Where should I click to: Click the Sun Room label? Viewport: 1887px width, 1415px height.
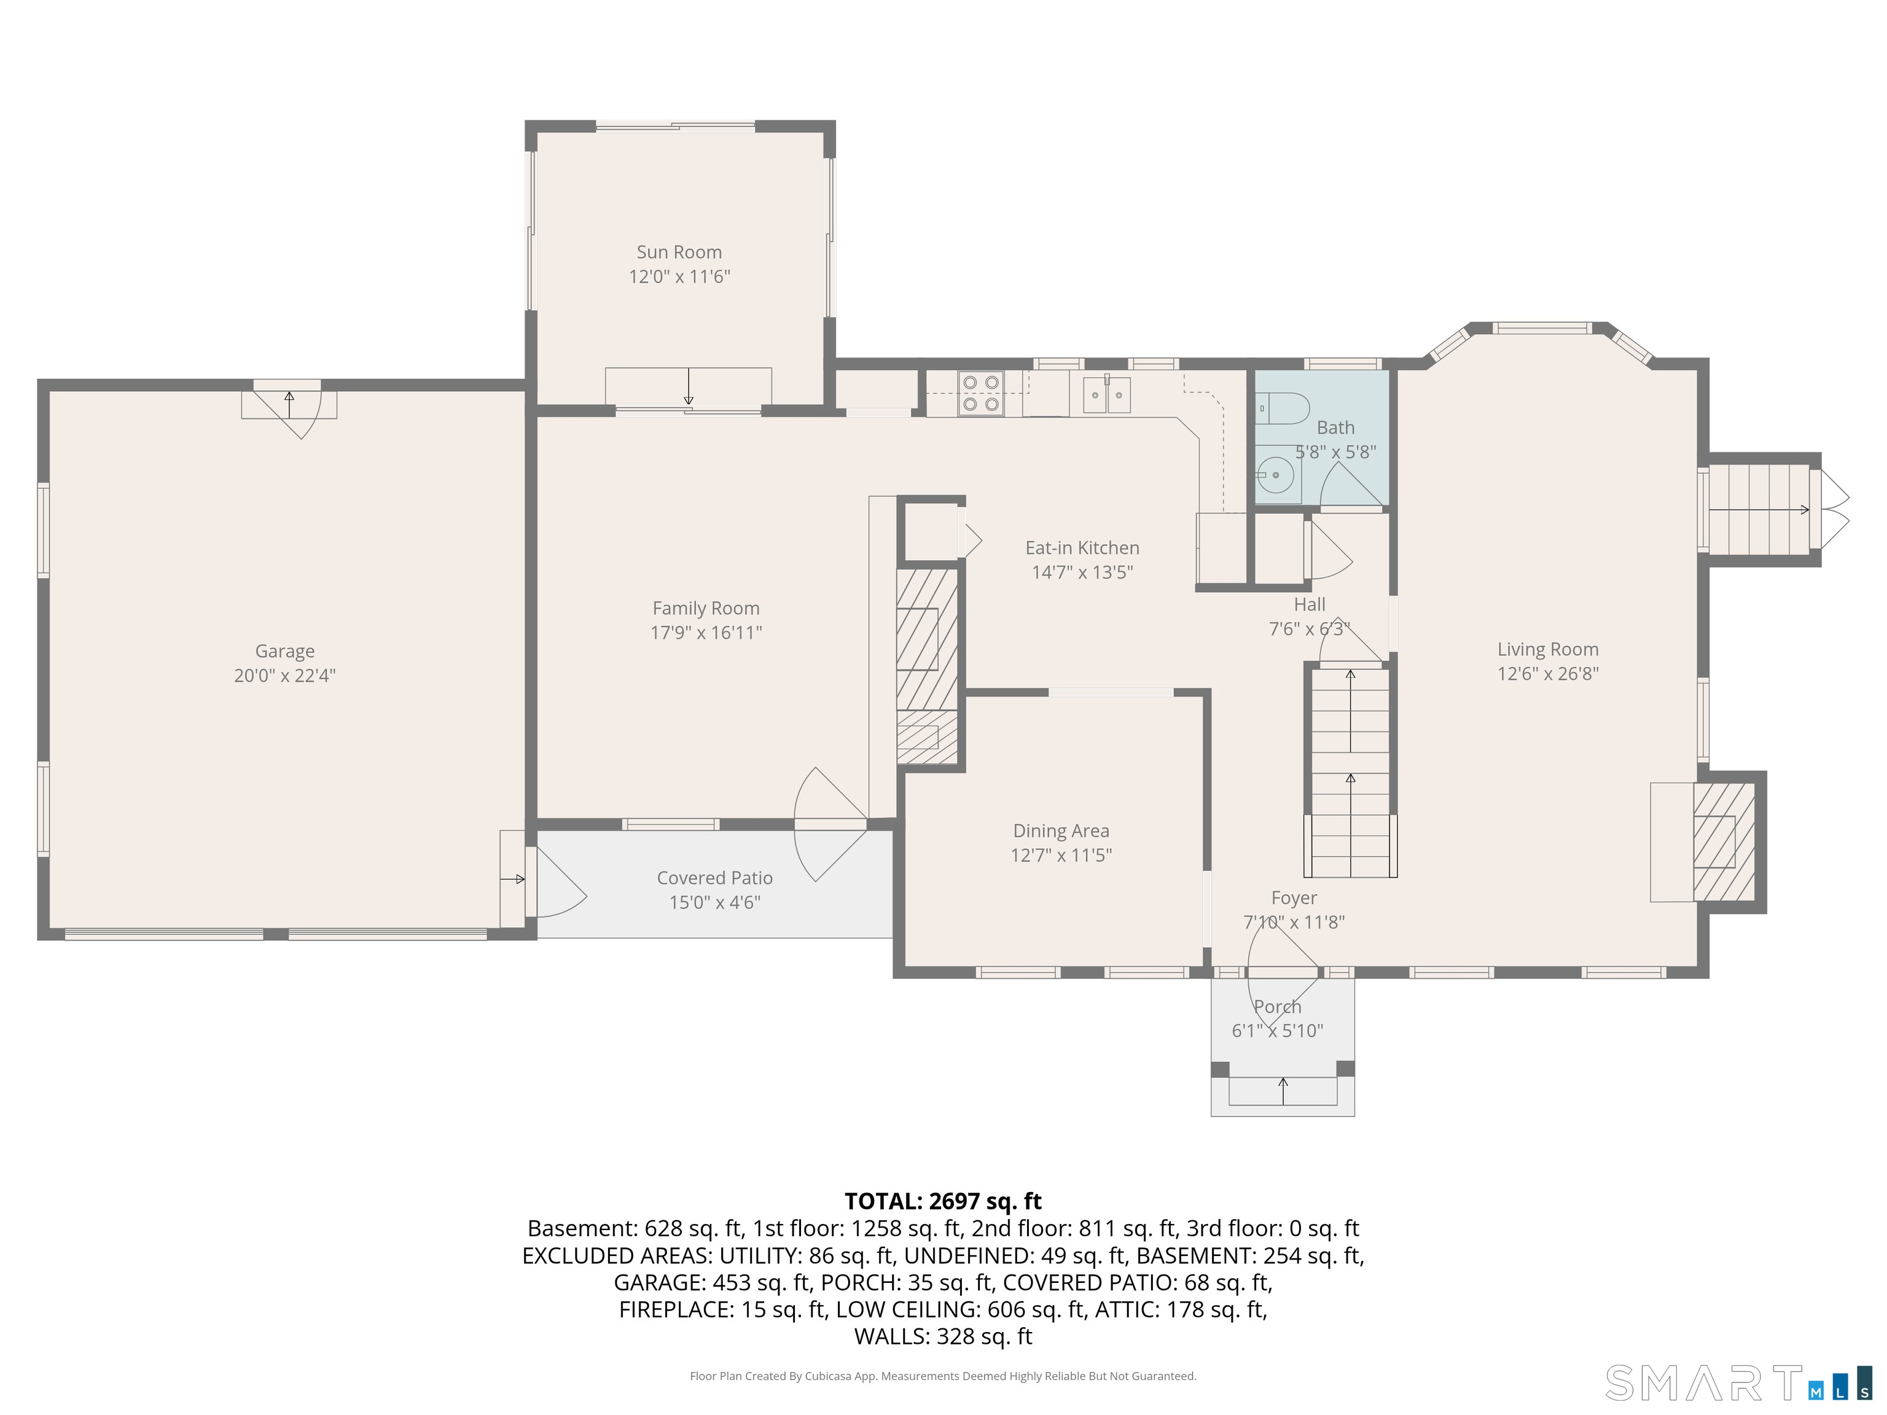tap(679, 252)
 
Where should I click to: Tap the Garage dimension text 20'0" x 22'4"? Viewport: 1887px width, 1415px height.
tap(285, 676)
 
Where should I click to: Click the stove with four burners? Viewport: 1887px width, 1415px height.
tap(980, 393)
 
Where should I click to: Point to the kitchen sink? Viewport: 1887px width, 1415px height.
tap(1108, 395)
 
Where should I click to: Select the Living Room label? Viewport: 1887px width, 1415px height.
tap(1547, 650)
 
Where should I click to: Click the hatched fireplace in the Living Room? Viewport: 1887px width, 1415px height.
tap(1723, 842)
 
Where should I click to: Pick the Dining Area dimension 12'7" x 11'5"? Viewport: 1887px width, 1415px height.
tap(1061, 856)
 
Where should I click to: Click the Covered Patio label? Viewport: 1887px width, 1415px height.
tap(715, 878)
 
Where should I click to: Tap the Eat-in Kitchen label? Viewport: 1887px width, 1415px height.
tap(1082, 548)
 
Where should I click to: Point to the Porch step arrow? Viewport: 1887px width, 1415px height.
tap(1283, 1091)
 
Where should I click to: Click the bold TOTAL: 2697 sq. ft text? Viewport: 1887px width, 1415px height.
tap(943, 1201)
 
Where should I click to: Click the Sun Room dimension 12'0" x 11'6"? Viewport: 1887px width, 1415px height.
tap(679, 276)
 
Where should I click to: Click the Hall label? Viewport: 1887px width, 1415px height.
tap(1310, 605)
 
